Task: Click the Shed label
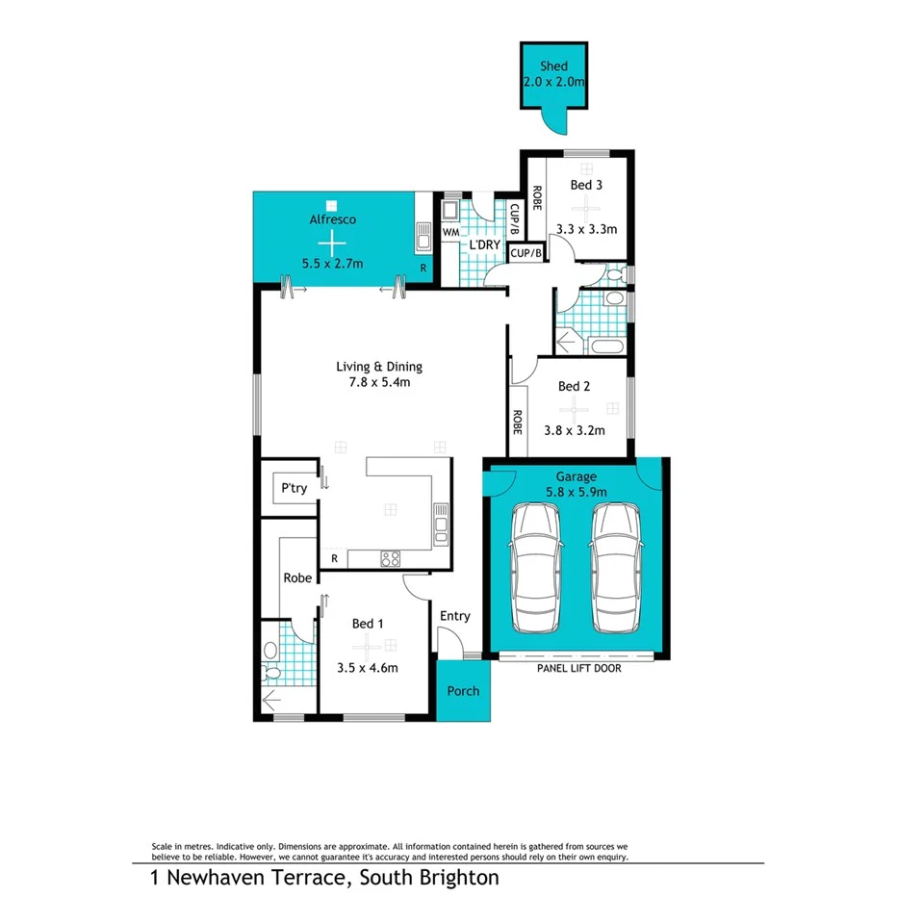[552, 67]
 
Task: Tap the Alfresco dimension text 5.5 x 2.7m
[332, 263]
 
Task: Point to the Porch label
[463, 691]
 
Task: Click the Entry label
[454, 616]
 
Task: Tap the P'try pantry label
[294, 489]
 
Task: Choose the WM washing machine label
[450, 233]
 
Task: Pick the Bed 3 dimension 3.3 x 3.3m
[586, 230]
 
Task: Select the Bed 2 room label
[574, 387]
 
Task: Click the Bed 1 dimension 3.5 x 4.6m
[368, 667]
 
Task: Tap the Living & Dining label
[378, 367]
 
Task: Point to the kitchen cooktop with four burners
[390, 557]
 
